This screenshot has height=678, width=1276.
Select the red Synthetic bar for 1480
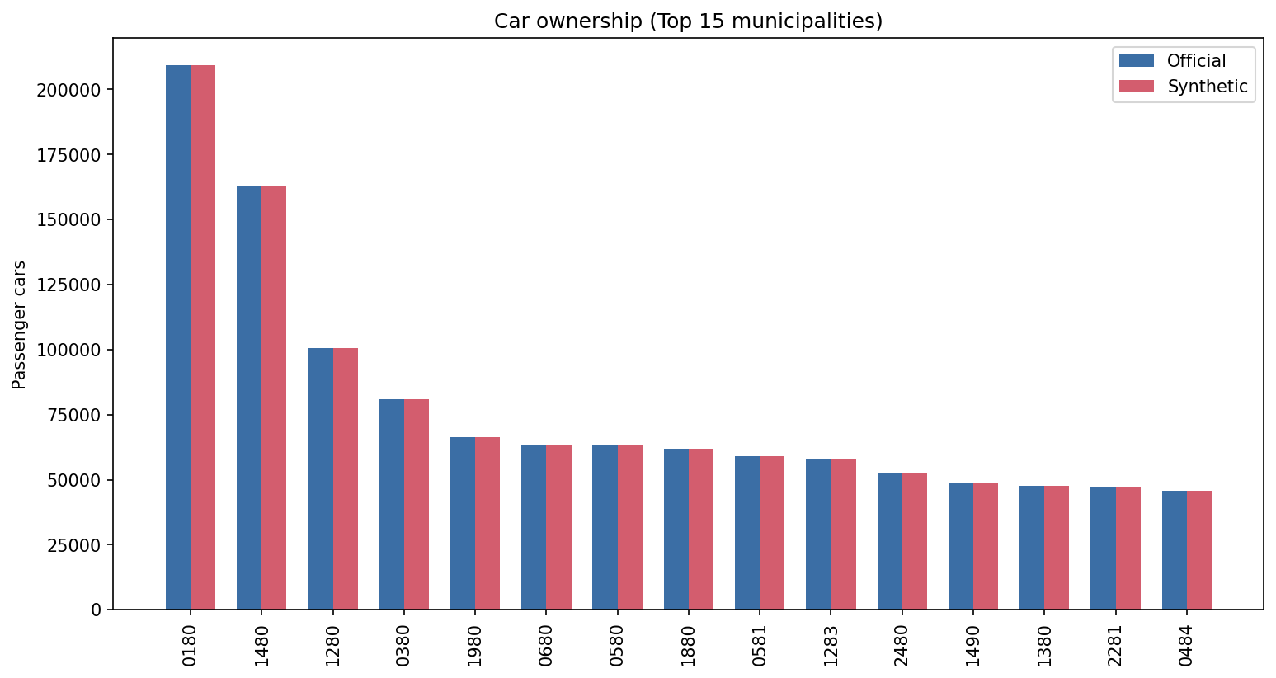coord(274,397)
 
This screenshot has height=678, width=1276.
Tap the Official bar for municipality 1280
coord(320,478)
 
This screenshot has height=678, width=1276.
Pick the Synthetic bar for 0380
coord(417,504)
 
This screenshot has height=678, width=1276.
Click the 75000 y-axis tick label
coord(73,415)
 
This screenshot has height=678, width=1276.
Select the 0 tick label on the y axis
coord(97,610)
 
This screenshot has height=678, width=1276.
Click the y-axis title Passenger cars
coord(20,324)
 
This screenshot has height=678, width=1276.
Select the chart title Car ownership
coord(688,21)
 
